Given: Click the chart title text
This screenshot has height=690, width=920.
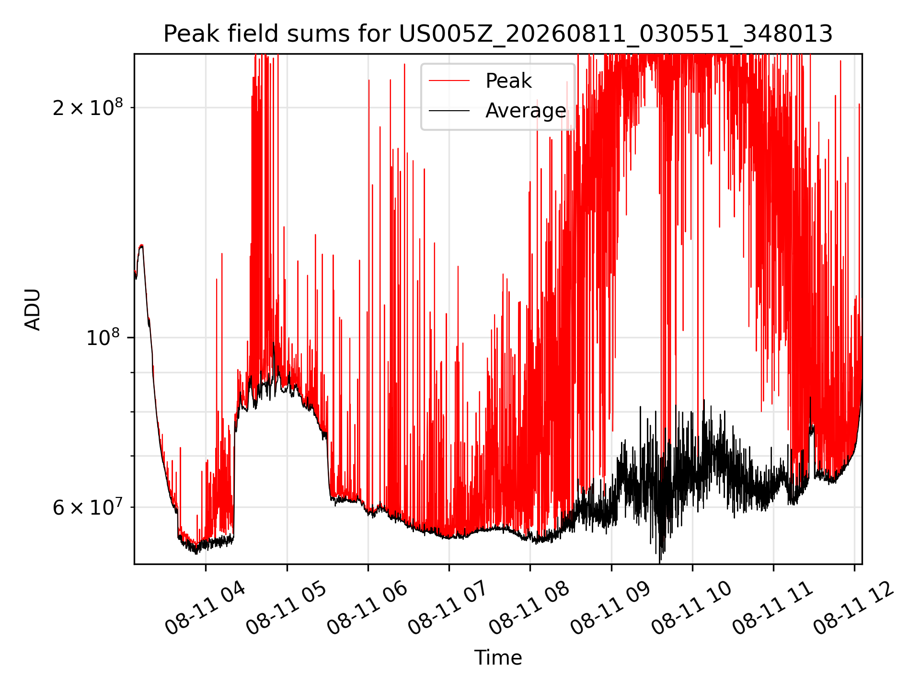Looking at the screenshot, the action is pos(498,34).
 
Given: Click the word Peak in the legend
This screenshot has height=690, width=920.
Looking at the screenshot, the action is pos(508,81).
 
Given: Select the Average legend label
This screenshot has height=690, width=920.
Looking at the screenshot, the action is pos(526,111).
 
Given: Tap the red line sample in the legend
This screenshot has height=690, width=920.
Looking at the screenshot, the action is pos(449,81).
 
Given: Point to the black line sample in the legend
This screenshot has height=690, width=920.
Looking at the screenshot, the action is pos(449,111).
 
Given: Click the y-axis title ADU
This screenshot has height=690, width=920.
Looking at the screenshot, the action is pos(33,309).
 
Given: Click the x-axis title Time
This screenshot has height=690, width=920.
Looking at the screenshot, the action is pos(498,658).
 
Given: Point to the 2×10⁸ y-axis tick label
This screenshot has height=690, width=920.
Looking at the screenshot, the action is pos(88,107).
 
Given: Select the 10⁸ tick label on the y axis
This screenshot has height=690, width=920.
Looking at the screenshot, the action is pos(104,337).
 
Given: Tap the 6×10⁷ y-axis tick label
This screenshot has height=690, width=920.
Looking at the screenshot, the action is pos(88,506).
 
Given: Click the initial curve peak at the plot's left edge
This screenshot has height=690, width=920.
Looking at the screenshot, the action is pos(141,246).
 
